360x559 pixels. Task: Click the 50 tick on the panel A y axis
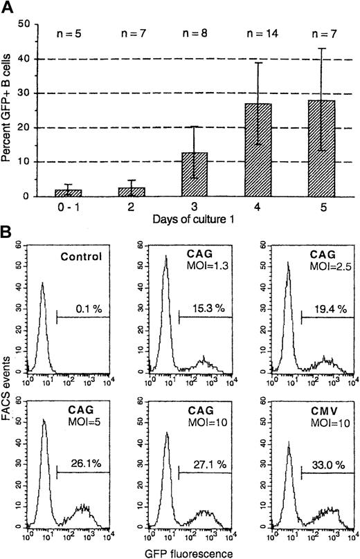point(26,24)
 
